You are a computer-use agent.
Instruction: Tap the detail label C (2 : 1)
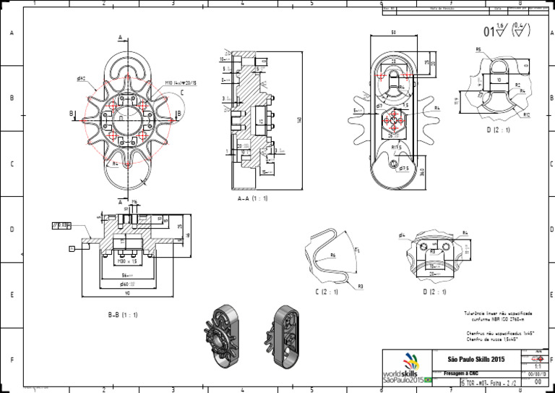pos(331,292)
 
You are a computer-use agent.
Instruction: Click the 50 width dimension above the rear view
pos(393,33)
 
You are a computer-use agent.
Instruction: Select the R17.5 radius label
pos(397,147)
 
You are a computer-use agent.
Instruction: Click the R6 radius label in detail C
pos(332,255)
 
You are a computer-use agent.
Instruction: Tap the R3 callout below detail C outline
pos(360,286)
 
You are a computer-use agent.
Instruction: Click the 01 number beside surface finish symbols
pos(490,31)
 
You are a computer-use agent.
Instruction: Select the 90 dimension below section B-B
pos(128,293)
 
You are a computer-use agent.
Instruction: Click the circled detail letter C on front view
pos(182,93)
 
